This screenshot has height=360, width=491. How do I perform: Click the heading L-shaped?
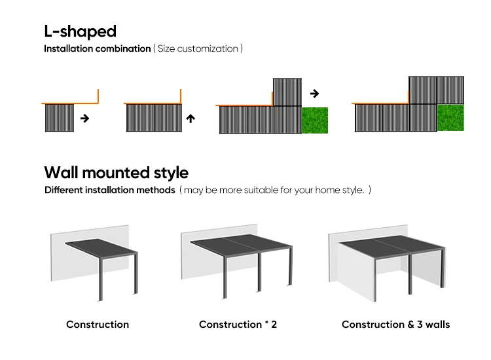80,31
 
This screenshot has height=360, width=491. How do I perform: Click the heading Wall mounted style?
116,173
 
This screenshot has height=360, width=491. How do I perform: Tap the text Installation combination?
97,49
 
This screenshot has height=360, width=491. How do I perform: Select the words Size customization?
198,49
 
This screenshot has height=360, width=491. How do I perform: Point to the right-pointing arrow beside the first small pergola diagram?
84,118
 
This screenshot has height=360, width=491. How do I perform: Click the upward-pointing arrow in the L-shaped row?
191,118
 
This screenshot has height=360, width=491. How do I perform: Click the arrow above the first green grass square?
314,93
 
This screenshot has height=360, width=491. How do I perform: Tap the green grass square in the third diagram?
314,120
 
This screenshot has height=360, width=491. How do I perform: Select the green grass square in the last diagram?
450,117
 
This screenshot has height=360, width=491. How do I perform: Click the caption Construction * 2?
238,325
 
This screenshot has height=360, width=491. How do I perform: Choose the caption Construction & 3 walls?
395,325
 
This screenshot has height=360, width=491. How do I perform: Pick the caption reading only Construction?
98,325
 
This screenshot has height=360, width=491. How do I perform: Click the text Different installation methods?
109,190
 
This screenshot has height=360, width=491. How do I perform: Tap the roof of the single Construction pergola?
101,247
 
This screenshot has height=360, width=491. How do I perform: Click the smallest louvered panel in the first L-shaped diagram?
60,118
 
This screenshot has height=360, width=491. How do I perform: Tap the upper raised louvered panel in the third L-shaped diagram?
287,92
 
